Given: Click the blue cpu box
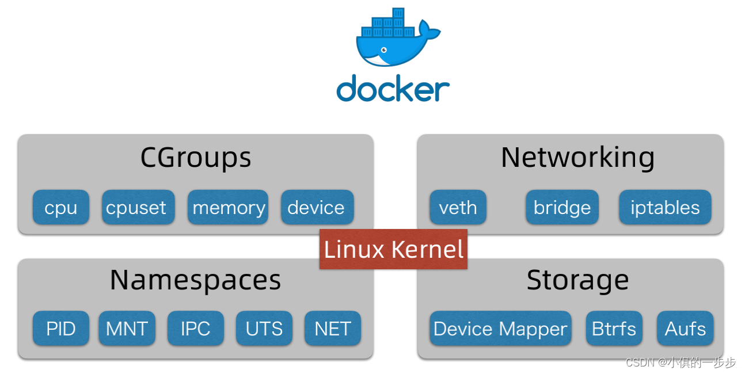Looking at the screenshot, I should coord(60,207).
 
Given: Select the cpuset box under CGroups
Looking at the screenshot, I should coord(138,207).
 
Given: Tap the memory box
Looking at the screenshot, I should coord(228,207).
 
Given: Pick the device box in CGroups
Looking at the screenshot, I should coord(317,207).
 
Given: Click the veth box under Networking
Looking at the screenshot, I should coord(458,207).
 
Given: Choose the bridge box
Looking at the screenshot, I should coord(562,207).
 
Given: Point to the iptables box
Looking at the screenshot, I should coord(665,207).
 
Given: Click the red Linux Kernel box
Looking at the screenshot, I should coord(394,249).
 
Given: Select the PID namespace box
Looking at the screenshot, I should coord(60,329).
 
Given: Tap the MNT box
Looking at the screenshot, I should coord(127,329).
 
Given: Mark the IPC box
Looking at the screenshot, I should coord(196,329).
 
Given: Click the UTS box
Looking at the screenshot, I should coord(264,329).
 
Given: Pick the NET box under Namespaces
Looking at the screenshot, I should coord(333,329).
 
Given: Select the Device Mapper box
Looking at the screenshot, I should coord(500,329).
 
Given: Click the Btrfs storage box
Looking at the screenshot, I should coord(614,329).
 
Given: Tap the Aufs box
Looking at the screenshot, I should coord(685,329).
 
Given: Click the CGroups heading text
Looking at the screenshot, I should coord(196,158).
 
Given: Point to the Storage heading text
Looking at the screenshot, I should coord(577,280).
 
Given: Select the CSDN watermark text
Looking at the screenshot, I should coord(681,362).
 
